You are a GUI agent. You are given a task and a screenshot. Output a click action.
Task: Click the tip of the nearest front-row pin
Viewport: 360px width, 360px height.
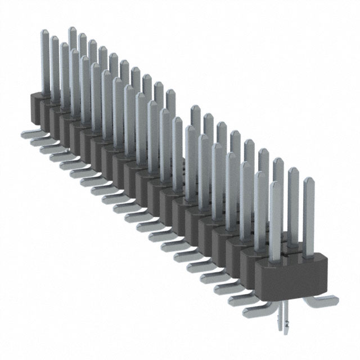[x=274, y=185]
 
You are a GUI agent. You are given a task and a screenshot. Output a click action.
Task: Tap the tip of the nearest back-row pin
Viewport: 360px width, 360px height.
[x=308, y=181]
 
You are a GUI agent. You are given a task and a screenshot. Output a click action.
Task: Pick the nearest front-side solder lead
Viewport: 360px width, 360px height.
[x=252, y=308]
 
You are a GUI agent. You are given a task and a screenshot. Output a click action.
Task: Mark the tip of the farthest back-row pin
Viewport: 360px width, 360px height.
[x=73, y=30]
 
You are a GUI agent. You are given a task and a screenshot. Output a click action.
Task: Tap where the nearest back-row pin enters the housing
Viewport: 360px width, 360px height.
[x=309, y=255]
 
